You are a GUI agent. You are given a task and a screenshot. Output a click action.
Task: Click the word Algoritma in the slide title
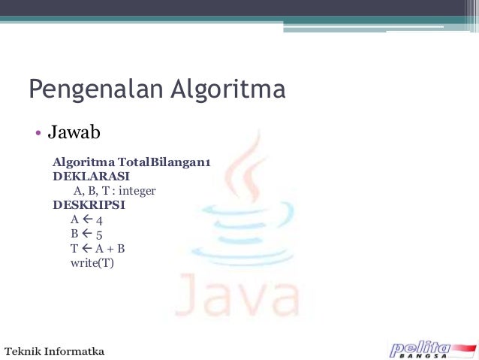224,90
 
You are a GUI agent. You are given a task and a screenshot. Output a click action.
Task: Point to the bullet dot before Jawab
35,135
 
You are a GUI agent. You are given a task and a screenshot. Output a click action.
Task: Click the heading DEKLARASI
86,177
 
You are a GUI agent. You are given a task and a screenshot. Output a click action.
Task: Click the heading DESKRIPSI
89,204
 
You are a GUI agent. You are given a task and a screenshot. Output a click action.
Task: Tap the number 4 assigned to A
99,220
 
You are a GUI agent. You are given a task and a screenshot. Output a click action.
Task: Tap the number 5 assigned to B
99,234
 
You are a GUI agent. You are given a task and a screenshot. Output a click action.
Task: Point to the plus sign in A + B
108,249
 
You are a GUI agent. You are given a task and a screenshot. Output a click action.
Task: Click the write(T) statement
92,263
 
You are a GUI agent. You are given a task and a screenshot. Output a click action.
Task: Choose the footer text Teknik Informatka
56,350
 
